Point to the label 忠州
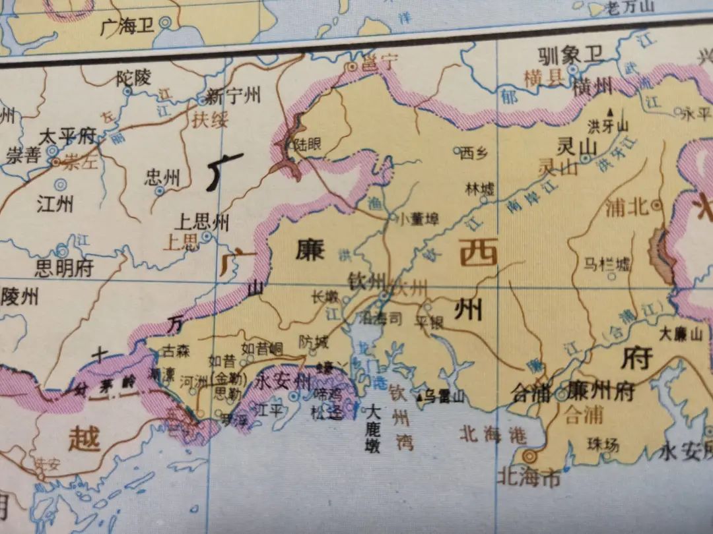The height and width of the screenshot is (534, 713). (162, 177)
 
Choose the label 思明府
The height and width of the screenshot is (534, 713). (64, 268)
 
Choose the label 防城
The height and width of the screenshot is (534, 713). (313, 341)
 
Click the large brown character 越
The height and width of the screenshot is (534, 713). (84, 438)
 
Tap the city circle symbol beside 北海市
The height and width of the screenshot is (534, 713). (528, 456)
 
